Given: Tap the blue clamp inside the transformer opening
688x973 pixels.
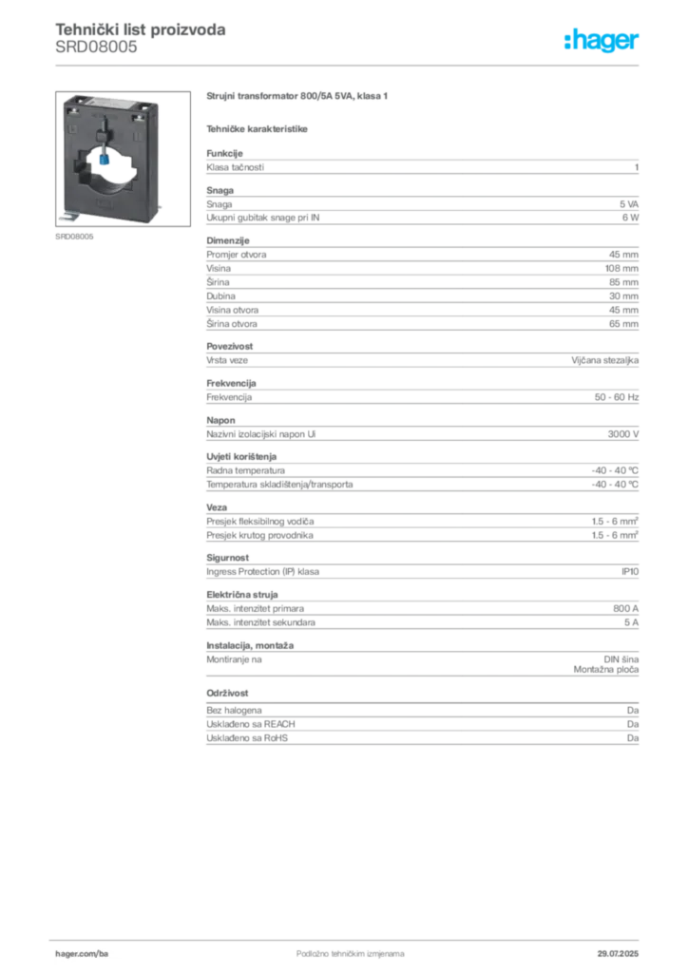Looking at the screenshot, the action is pyautogui.click(x=103, y=162).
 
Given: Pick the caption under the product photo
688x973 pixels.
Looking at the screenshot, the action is pyautogui.click(x=76, y=238).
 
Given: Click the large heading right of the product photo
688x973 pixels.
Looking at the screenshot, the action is pyautogui.click(x=299, y=98).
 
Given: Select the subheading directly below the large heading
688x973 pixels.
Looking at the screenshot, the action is pyautogui.click(x=258, y=128).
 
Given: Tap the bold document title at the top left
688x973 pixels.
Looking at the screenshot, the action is pyautogui.click(x=141, y=29).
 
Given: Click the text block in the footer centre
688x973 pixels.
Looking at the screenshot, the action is pyautogui.click(x=337, y=948).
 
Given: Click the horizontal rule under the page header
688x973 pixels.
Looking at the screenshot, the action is pyautogui.click(x=349, y=65).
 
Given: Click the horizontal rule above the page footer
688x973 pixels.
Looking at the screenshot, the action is pyautogui.click(x=349, y=936).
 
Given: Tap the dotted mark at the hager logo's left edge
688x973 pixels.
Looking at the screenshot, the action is pyautogui.click(x=565, y=42).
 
